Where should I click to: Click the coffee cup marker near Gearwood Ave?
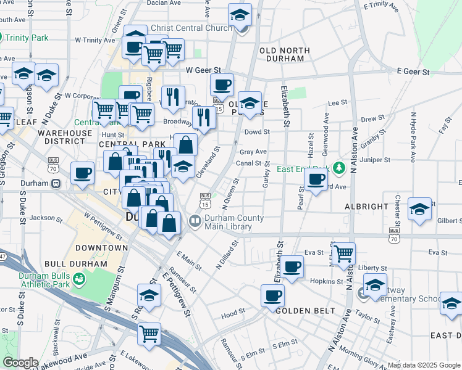[x=316, y=179]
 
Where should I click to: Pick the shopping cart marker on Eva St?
[x=343, y=252]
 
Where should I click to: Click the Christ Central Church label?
[x=191, y=27]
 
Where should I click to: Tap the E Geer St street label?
[x=414, y=72]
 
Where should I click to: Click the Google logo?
[x=20, y=363]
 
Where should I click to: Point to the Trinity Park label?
[x=27, y=38]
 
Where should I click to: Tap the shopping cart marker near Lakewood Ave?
[x=149, y=334]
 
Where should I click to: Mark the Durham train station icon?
[x=55, y=183]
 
